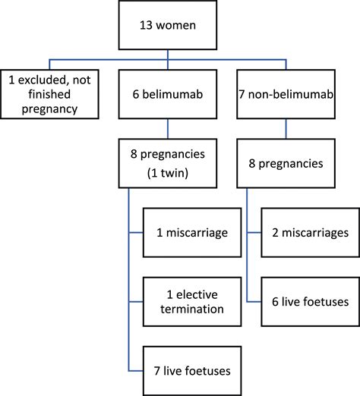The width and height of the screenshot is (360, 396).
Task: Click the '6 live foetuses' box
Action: (x=305, y=300)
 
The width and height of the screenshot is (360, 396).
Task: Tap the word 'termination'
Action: (x=196, y=310)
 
